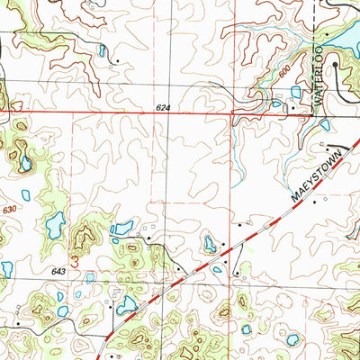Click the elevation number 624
tap(163, 108)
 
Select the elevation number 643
tap(59, 271)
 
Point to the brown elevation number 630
tap(10, 210)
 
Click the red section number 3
tap(75, 262)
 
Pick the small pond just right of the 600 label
tap(296, 92)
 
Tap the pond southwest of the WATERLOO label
tap(277, 104)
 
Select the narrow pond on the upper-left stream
tap(103, 51)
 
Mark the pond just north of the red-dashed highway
tap(210, 243)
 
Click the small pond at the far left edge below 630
tap(6, 268)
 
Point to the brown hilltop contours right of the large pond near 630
tap(85, 238)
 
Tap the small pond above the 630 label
tap(26, 194)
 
